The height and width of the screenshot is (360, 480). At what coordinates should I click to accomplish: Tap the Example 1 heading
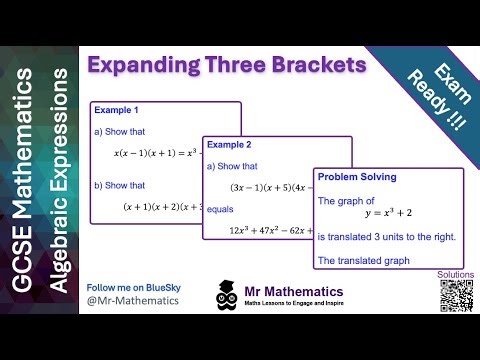(x=115, y=110)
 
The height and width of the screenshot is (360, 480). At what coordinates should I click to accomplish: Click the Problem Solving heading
(x=357, y=177)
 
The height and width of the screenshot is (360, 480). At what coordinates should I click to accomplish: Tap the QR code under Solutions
(x=456, y=296)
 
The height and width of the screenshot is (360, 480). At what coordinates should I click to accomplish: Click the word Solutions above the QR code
(x=456, y=273)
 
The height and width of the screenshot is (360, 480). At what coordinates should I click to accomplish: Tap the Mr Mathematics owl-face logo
(x=226, y=296)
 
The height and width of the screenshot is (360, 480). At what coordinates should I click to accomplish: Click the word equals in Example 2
(x=225, y=210)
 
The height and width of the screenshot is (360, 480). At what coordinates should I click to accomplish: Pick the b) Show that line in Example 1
(x=124, y=184)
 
